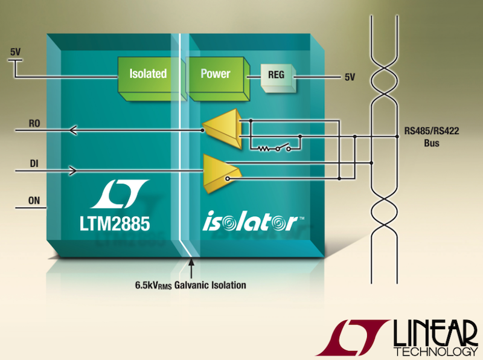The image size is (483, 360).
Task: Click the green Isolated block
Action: click(x=148, y=74)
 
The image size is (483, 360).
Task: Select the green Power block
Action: click(x=216, y=74)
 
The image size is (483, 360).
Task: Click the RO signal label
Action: click(x=35, y=122)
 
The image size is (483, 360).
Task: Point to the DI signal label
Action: click(x=34, y=162)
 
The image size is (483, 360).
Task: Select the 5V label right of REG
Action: click(x=350, y=77)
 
